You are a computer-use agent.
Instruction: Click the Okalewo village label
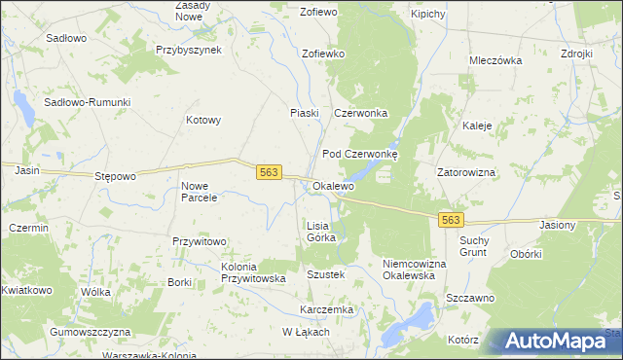coord(333,186)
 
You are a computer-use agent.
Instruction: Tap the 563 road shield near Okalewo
coord(270,172)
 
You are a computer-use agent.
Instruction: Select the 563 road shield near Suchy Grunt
coord(450,221)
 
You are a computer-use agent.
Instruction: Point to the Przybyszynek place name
coord(189,48)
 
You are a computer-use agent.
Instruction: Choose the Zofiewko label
coord(324,54)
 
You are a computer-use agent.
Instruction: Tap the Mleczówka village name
coord(495,59)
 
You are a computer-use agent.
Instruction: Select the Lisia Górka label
coord(321,231)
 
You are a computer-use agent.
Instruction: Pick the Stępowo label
coord(115,176)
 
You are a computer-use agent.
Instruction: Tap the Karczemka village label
coord(326,309)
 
